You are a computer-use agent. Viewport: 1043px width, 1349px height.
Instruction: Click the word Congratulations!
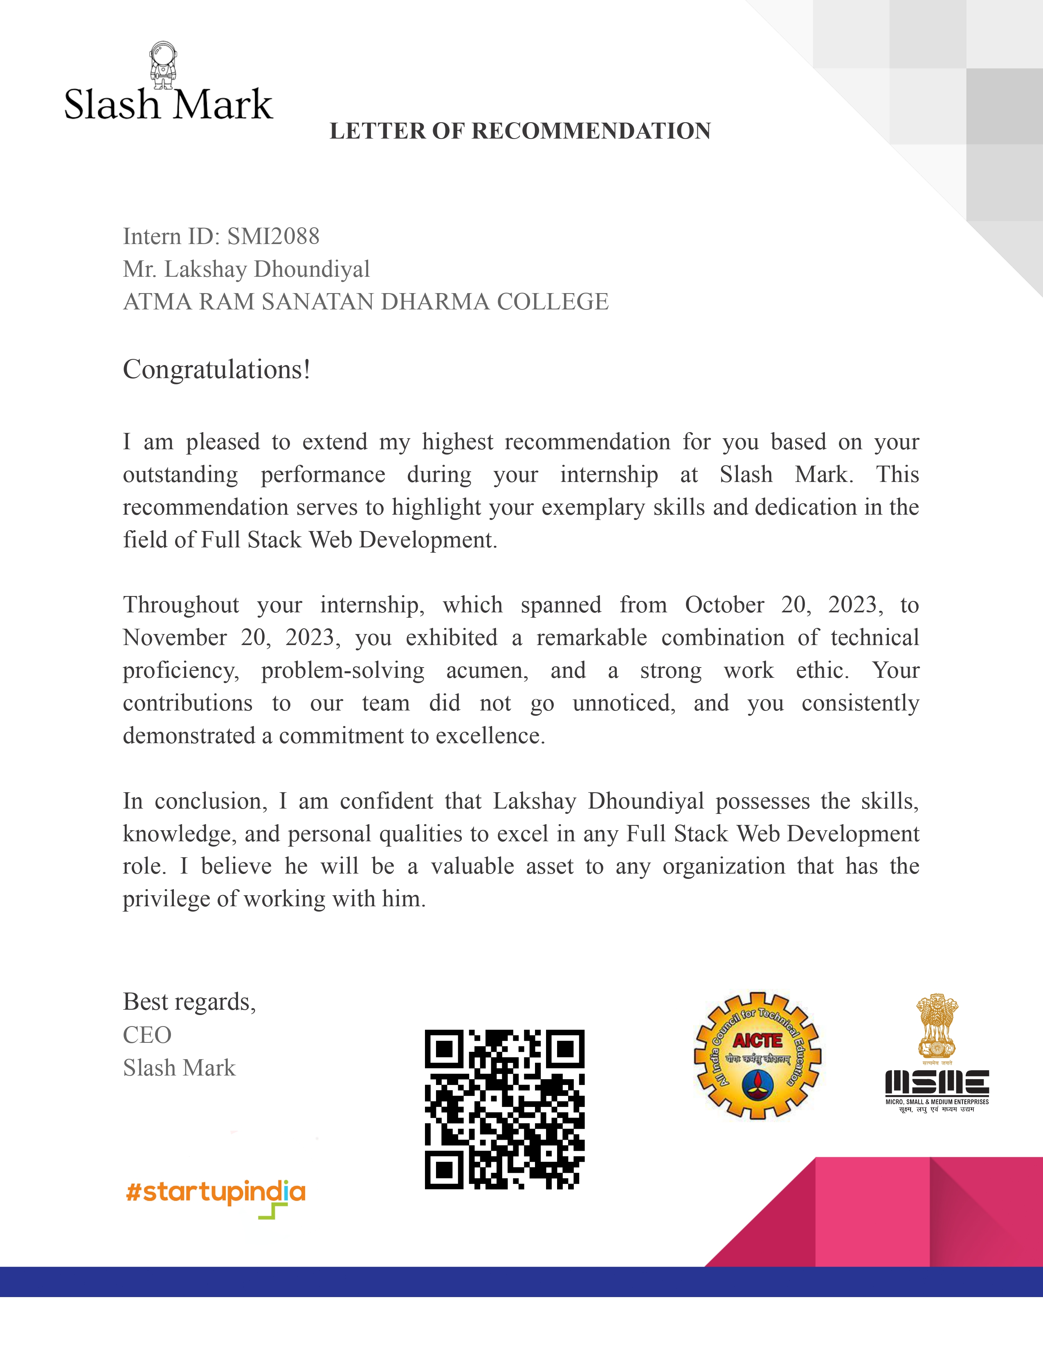[216, 370]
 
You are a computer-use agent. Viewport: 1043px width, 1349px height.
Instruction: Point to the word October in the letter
[724, 605]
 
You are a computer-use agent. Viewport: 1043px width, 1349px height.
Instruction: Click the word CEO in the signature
[147, 1035]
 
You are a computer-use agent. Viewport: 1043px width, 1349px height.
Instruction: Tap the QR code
[504, 1109]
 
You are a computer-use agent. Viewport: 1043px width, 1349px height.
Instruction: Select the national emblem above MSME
[937, 1026]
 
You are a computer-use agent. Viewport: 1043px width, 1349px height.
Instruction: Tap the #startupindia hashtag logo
[215, 1192]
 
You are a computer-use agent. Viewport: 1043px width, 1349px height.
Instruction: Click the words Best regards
[189, 1002]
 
